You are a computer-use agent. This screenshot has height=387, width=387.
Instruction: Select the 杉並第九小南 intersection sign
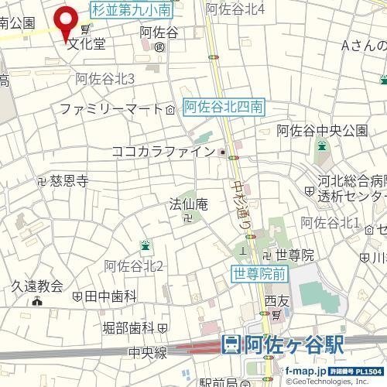point(132,10)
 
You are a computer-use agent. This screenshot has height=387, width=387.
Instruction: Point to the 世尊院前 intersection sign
point(260,272)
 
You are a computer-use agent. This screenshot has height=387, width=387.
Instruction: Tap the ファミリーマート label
point(110,109)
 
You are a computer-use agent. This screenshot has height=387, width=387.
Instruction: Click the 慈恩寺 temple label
point(69,181)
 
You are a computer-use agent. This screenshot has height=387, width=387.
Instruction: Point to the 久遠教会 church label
point(36,286)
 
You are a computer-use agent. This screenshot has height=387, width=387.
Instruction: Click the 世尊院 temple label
point(296,255)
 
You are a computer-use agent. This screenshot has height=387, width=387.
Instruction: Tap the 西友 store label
point(276,300)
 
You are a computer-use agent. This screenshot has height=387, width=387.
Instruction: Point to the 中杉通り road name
point(241,202)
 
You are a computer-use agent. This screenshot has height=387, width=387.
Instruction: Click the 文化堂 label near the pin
point(86,43)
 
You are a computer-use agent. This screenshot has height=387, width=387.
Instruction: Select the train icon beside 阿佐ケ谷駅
point(231,345)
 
